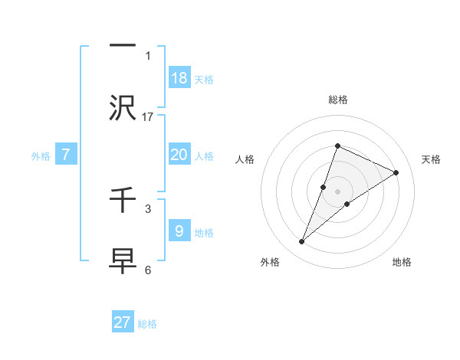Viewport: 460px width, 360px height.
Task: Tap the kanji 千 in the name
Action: pyautogui.click(x=123, y=201)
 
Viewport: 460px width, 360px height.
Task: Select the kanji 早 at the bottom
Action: pyautogui.click(x=123, y=259)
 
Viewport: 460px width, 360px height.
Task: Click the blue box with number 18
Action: pyautogui.click(x=179, y=77)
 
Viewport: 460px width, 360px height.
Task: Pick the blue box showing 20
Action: pyautogui.click(x=179, y=155)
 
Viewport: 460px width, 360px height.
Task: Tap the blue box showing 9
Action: pyautogui.click(x=179, y=231)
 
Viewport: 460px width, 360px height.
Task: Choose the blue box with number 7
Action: pyautogui.click(x=66, y=155)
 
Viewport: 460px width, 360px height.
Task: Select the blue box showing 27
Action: pyautogui.click(x=123, y=322)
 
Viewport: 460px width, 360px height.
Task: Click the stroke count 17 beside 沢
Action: pyautogui.click(x=148, y=116)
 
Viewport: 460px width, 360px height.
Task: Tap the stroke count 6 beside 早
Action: pyautogui.click(x=148, y=270)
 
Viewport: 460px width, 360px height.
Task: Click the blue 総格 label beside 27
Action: pyautogui.click(x=147, y=324)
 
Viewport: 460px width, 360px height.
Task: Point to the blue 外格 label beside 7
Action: pyautogui.click(x=41, y=156)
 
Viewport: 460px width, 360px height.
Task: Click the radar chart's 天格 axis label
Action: pyautogui.click(x=431, y=159)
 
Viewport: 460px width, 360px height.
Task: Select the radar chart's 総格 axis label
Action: pyautogui.click(x=337, y=100)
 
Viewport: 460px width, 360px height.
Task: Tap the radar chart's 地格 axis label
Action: pyautogui.click(x=402, y=262)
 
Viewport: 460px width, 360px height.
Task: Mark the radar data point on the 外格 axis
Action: pyautogui.click(x=301, y=242)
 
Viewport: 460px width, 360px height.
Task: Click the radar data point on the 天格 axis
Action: pyautogui.click(x=396, y=172)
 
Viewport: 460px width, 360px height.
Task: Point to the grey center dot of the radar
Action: pyautogui.click(x=337, y=191)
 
